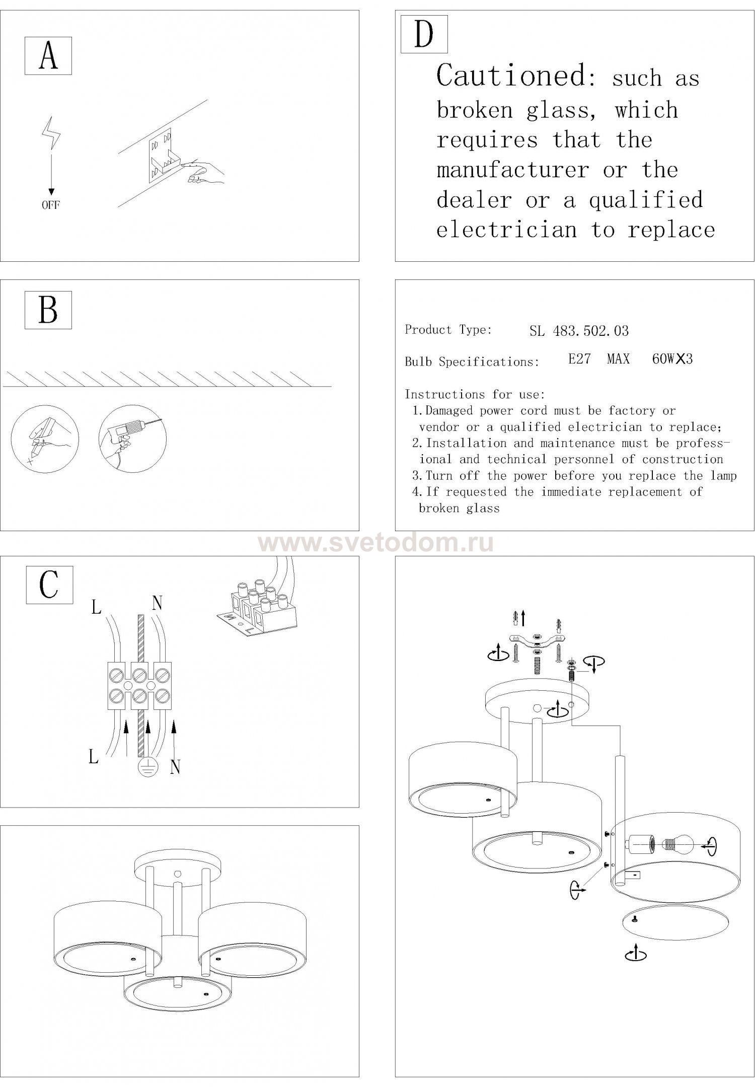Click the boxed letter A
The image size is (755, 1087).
pos(48,56)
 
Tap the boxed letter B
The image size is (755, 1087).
pos(48,310)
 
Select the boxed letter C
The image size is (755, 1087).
pos(49,585)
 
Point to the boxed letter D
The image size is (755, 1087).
pos(424,34)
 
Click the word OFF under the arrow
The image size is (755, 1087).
pos(50,205)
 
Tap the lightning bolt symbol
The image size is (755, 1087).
pos(51,133)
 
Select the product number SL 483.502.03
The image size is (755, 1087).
pos(579,331)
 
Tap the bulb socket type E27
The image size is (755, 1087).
pos(579,359)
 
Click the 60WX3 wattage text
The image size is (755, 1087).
pos(672,359)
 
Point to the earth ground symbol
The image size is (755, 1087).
pos(148,766)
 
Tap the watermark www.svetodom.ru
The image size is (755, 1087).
pos(376,543)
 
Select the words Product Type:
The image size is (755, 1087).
pos(448,330)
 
